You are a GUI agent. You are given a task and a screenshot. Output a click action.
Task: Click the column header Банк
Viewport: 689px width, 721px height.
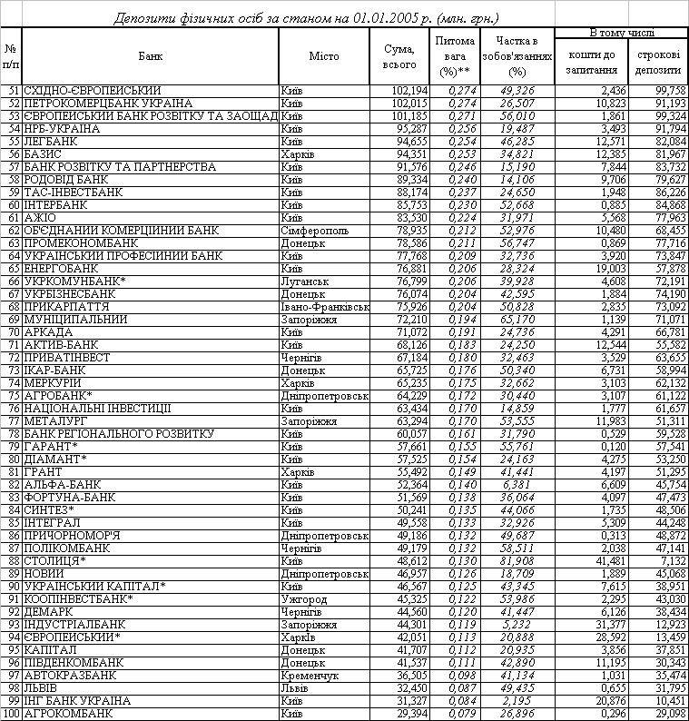151,56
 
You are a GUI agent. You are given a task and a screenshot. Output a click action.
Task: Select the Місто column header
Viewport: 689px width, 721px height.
323,56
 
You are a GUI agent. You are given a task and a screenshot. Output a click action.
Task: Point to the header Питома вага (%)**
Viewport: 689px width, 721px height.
456,56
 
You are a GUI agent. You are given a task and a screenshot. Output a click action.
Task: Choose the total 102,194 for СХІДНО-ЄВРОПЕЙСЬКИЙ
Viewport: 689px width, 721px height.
397,91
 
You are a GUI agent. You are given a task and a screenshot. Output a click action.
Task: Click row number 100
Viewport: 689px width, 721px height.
11,714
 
